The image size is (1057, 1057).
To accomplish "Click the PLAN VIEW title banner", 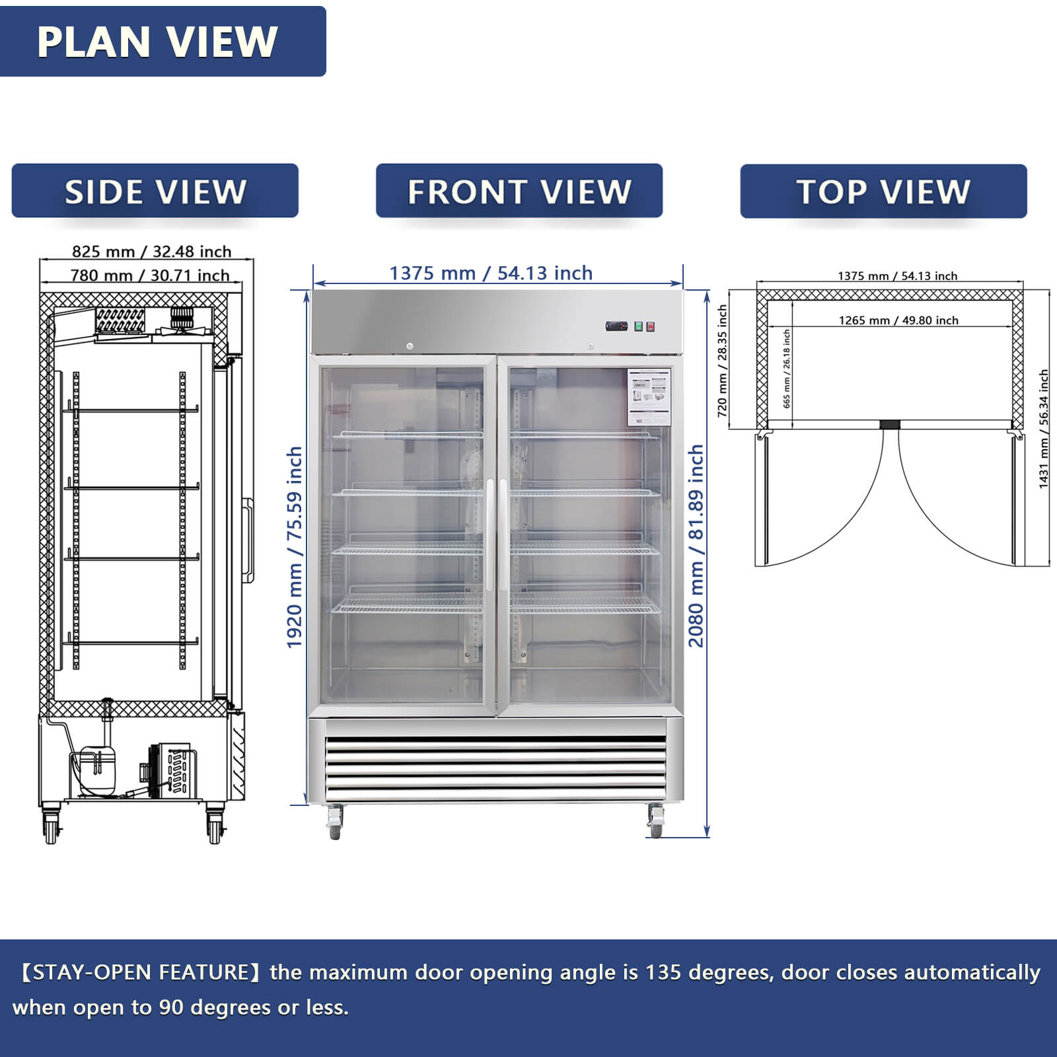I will (x=159, y=42).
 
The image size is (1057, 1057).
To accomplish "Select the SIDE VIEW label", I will (x=155, y=192).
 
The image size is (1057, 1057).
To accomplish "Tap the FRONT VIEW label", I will (x=519, y=192).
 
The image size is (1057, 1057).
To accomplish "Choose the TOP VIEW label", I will (x=883, y=192).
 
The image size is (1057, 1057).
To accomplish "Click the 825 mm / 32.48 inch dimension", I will (x=151, y=252).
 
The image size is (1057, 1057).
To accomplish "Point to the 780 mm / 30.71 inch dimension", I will (x=150, y=275).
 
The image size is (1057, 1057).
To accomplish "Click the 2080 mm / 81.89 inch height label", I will (x=696, y=546).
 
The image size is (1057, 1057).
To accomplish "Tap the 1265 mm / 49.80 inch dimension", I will (x=898, y=320).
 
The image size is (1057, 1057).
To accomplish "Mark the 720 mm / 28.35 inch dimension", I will (x=723, y=361).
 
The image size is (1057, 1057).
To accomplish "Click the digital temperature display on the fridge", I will (x=616, y=326).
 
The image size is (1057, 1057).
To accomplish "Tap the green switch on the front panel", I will (x=639, y=326).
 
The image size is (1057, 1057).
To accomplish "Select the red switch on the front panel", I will (x=651, y=326).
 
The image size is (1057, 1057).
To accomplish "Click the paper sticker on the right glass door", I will (x=649, y=396).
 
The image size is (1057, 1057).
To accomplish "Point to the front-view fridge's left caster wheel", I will (x=335, y=823).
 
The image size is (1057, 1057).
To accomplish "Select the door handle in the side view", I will (x=248, y=540).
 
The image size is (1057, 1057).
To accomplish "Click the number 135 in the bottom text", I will (x=662, y=972).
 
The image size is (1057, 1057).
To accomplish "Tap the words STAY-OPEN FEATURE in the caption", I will (x=140, y=972).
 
